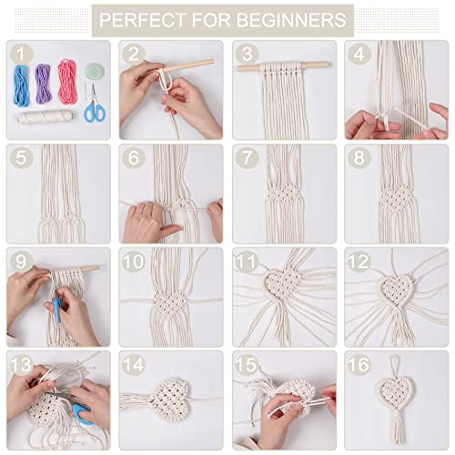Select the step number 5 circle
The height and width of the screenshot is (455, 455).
click(20, 157)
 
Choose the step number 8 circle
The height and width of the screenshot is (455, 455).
click(359, 157)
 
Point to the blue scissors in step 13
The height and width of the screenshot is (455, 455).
click(81, 412)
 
